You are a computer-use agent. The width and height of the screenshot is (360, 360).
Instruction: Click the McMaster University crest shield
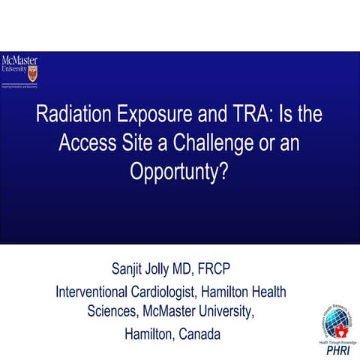[31, 73]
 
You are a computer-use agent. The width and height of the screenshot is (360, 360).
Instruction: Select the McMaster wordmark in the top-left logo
[19, 61]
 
